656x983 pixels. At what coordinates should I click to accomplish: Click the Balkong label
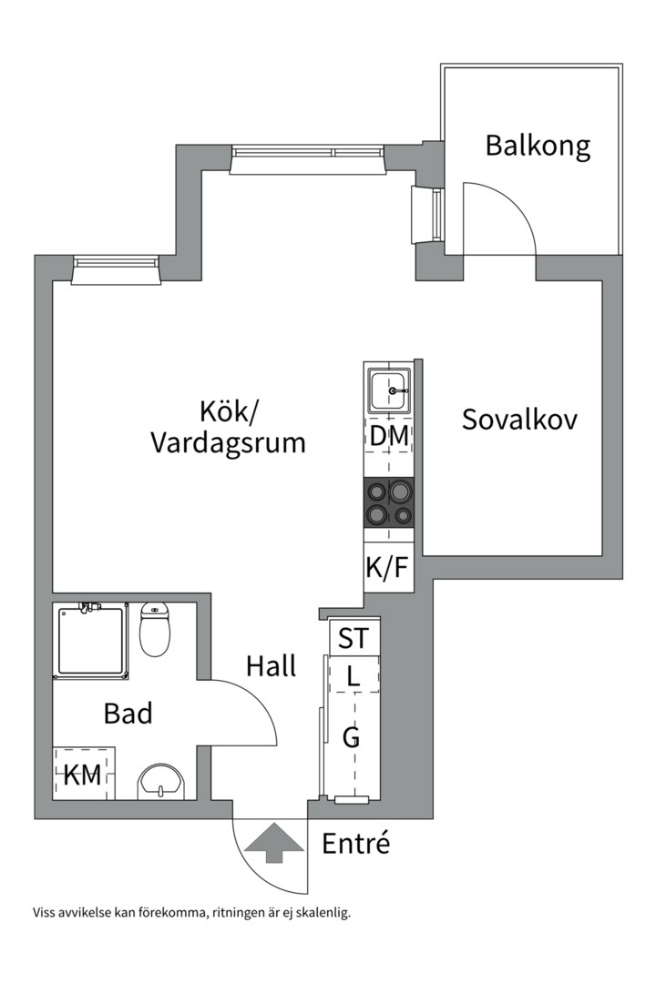tap(538, 146)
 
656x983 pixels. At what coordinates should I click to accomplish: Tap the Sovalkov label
tap(519, 420)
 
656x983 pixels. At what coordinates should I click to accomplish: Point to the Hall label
tap(271, 666)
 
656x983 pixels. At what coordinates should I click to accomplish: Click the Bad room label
tap(128, 714)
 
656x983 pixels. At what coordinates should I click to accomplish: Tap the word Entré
tap(356, 844)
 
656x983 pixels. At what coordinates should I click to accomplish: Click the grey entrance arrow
tap(271, 842)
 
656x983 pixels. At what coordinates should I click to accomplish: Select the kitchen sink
tap(391, 390)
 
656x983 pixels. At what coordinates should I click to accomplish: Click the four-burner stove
tap(389, 503)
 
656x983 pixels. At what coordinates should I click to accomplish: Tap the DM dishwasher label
tap(389, 436)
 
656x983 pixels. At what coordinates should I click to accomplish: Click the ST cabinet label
tap(354, 638)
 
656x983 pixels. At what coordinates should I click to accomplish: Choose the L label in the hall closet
tap(354, 676)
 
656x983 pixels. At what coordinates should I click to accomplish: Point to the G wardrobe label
tap(352, 737)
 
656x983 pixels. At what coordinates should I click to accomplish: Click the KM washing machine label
tap(82, 775)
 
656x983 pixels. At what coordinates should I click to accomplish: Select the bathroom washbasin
tap(161, 782)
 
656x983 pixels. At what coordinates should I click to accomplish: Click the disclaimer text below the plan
tap(191, 912)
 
